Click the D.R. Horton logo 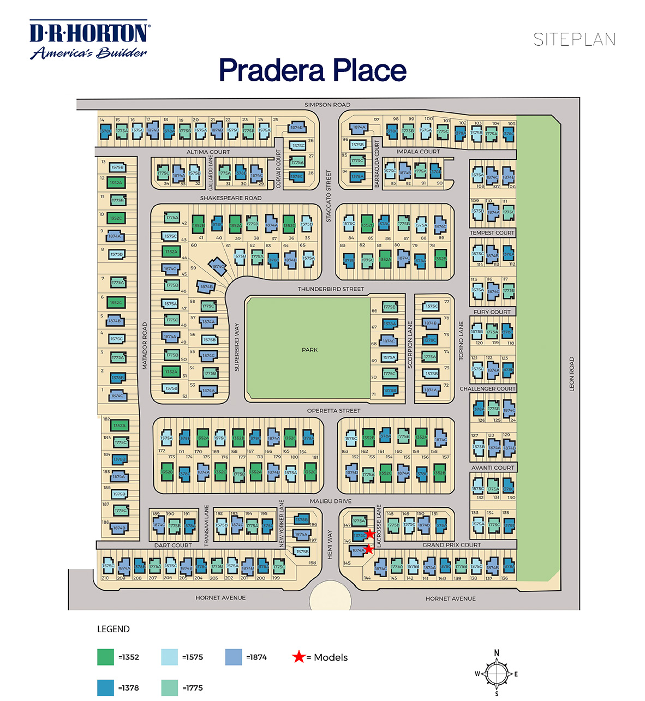tap(89, 40)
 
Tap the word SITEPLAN tap(574, 40)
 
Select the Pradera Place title tap(313, 70)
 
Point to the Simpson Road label tap(327, 105)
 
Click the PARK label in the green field tap(309, 350)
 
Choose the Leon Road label tap(572, 374)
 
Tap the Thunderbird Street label tap(331, 289)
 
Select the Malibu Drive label tap(331, 501)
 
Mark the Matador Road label tap(145, 346)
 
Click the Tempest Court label tap(492, 233)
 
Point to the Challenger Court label tap(487, 389)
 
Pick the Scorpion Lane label tap(410, 345)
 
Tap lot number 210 tap(105, 578)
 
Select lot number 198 tap(312, 563)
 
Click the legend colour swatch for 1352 tap(106, 657)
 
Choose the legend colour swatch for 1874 tap(234, 657)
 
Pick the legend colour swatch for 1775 tap(170, 688)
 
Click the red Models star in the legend tap(298, 657)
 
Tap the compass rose tap(497, 674)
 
